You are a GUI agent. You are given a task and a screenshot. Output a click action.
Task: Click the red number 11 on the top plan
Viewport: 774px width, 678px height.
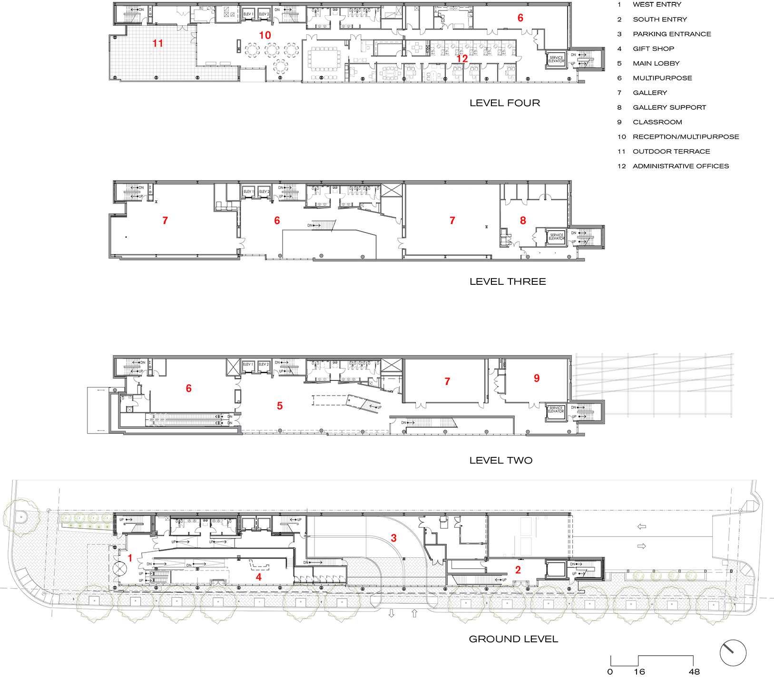(157, 43)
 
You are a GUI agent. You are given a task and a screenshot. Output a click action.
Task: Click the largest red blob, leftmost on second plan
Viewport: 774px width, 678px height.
(168, 222)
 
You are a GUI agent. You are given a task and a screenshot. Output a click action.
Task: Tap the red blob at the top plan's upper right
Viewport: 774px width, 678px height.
(520, 18)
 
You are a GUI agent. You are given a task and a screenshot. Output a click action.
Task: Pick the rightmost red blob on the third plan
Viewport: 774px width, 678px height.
(536, 379)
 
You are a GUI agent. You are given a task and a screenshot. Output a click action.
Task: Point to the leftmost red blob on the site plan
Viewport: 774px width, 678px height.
(130, 557)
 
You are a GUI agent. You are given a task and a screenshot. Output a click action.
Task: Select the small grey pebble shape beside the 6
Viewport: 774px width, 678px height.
(731, 651)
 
